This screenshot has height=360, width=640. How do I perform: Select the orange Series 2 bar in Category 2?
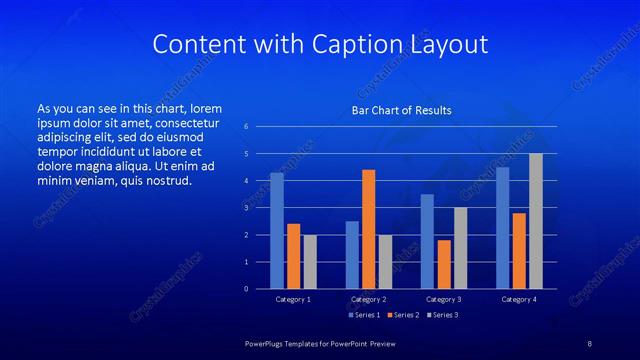[x=369, y=229]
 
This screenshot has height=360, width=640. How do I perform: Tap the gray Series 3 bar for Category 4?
[x=536, y=221]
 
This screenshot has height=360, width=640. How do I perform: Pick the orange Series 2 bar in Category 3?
[x=444, y=264]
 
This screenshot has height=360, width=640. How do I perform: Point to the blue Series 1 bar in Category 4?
[x=503, y=228]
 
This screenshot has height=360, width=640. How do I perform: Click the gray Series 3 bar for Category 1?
[x=310, y=262]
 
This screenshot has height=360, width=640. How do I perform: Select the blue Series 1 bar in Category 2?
[x=352, y=255]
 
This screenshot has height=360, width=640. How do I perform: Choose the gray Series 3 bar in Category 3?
[x=461, y=248]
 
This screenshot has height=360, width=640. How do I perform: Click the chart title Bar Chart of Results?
[x=402, y=110]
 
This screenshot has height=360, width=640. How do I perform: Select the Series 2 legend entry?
[x=402, y=315]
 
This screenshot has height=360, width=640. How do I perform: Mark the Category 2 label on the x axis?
[x=369, y=299]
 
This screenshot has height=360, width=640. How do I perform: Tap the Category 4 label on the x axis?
[x=519, y=299]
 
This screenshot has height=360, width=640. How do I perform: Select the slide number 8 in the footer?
[x=589, y=343]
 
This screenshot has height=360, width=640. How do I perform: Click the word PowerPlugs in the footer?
[x=269, y=343]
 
